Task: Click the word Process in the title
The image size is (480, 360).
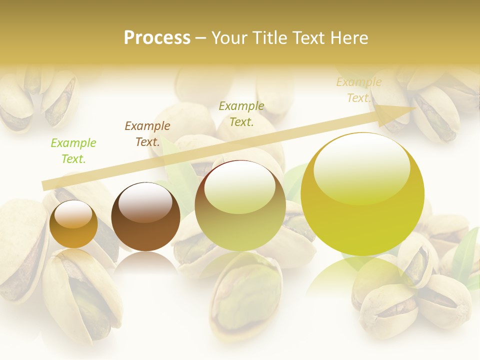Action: [157, 38]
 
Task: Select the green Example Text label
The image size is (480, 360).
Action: [73, 151]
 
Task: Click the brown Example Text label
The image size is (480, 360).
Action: [147, 134]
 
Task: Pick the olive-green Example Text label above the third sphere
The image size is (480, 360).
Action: [241, 114]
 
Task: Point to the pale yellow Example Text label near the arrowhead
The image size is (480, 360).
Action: [359, 90]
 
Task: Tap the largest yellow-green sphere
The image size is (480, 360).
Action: [362, 220]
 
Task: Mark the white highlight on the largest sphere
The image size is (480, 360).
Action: [361, 167]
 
